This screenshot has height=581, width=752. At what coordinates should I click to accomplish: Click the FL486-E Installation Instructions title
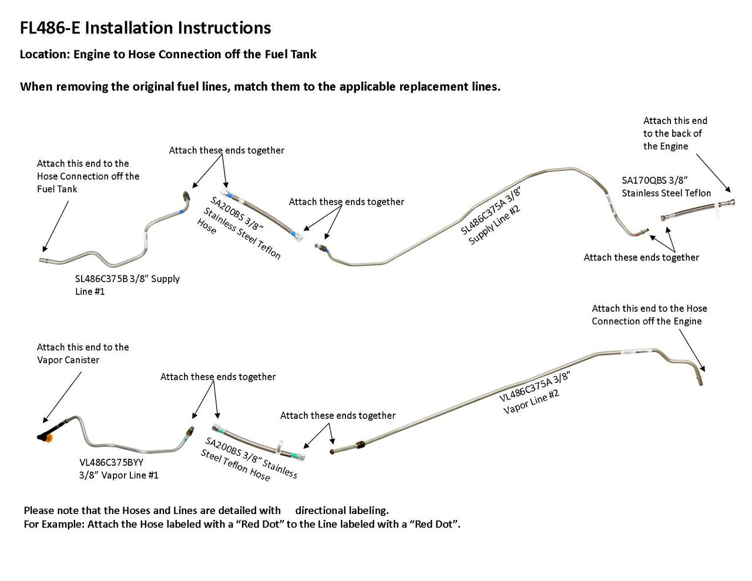click(x=145, y=28)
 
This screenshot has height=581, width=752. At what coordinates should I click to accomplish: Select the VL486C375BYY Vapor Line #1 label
click(x=119, y=469)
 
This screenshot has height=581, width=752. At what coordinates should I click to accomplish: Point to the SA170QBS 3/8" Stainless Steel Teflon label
click(x=666, y=186)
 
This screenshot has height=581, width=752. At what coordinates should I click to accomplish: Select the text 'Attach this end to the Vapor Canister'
click(x=82, y=354)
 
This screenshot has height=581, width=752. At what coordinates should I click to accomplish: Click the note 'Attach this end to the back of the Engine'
click(x=674, y=133)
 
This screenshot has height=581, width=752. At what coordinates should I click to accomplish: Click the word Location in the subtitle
click(x=43, y=55)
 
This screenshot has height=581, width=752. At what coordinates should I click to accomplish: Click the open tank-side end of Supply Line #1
click(x=43, y=260)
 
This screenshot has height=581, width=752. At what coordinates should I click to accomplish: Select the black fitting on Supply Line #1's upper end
click(x=186, y=196)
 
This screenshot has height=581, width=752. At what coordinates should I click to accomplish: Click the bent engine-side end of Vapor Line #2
click(x=703, y=376)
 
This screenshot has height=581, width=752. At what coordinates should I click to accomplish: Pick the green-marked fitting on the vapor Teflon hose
click(x=299, y=454)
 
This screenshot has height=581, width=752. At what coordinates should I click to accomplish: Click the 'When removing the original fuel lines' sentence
click(x=260, y=87)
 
